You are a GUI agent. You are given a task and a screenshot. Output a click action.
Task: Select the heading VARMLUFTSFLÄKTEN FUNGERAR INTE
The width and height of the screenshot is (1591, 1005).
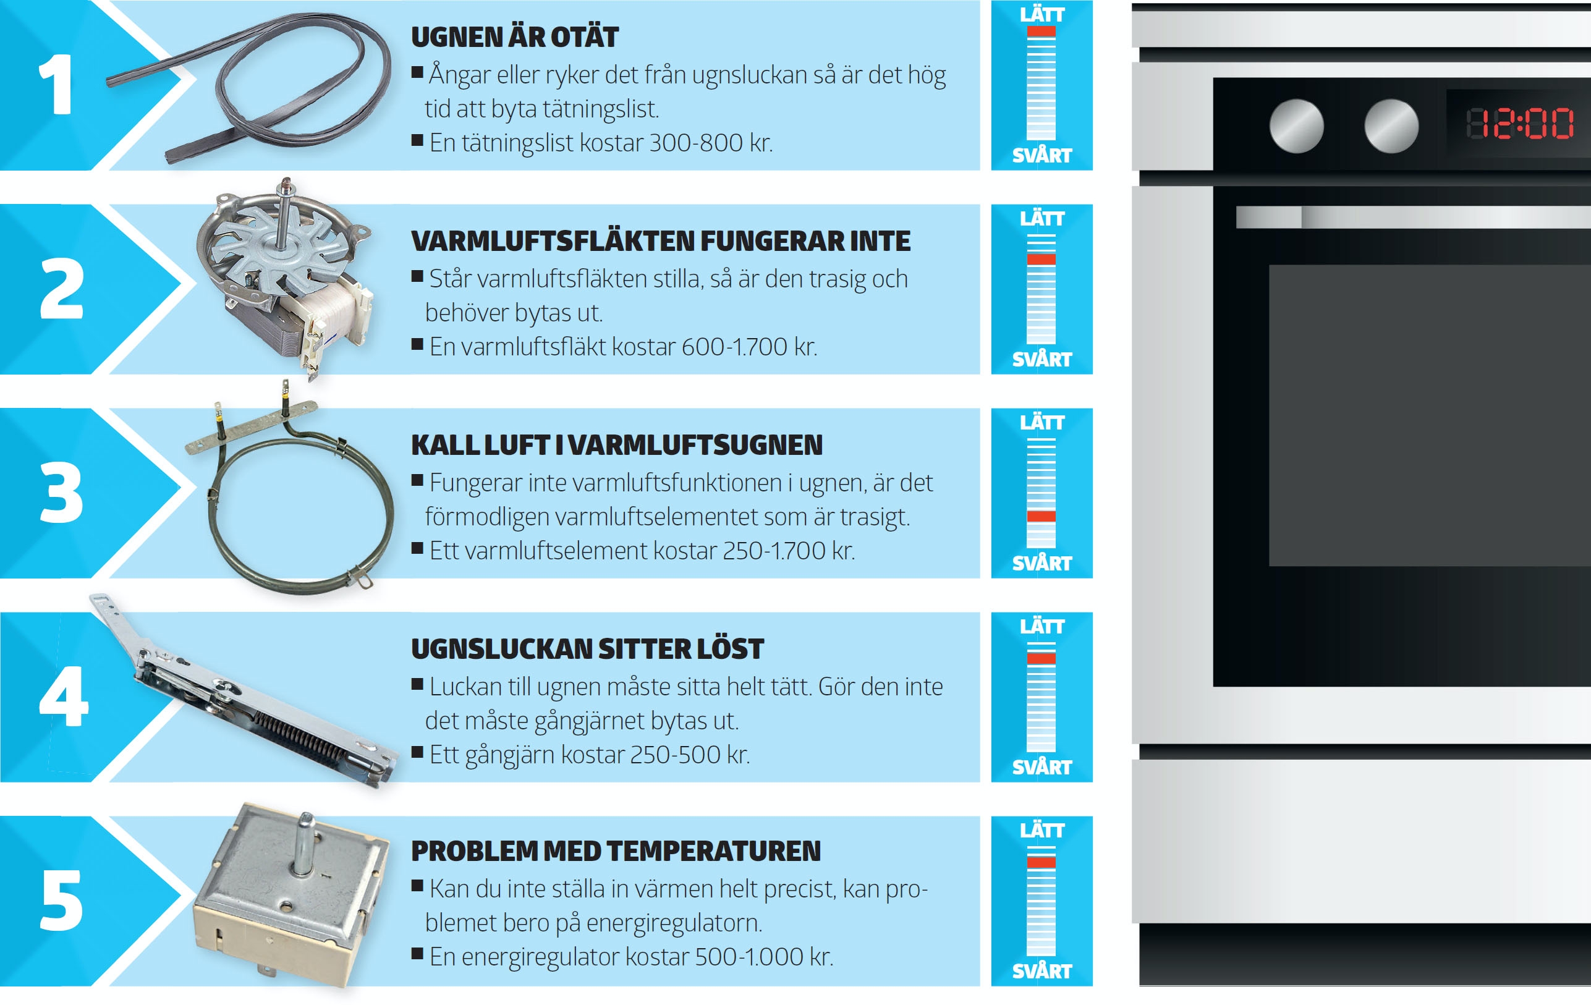pos(661,241)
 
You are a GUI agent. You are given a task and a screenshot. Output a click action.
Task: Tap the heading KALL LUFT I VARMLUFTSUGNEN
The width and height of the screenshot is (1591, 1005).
pos(617,446)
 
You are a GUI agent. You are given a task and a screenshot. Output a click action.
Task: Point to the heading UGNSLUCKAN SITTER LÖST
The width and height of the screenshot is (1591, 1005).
pos(587,649)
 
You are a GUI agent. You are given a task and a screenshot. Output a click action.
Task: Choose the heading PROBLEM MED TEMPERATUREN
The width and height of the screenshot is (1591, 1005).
pos(616,851)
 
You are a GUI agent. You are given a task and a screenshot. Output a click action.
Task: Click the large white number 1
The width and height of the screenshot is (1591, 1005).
pos(56,85)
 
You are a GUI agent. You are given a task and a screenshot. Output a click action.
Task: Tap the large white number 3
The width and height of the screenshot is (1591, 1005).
pos(61,492)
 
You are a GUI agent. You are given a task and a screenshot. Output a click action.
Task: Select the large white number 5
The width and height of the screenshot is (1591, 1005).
pos(61,900)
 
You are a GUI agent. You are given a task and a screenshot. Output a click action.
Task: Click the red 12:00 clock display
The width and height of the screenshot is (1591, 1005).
pos(1520,124)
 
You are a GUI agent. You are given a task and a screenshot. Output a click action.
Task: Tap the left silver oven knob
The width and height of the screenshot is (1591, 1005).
pos(1296,125)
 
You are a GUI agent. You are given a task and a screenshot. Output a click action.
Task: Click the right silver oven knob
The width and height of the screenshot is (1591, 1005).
pos(1391,125)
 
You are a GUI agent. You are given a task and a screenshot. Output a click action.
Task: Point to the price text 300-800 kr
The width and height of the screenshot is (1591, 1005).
pos(711,143)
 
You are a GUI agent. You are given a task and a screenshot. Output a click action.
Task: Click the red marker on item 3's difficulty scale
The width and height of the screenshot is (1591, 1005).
pos(1042,516)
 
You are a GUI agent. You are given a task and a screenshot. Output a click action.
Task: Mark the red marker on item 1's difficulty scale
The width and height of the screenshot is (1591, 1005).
pos(1042,32)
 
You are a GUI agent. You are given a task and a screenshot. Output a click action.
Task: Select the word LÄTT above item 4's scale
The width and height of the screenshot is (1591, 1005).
pos(1042,625)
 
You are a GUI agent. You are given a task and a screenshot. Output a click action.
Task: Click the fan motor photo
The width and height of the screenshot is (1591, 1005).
pos(286,278)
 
